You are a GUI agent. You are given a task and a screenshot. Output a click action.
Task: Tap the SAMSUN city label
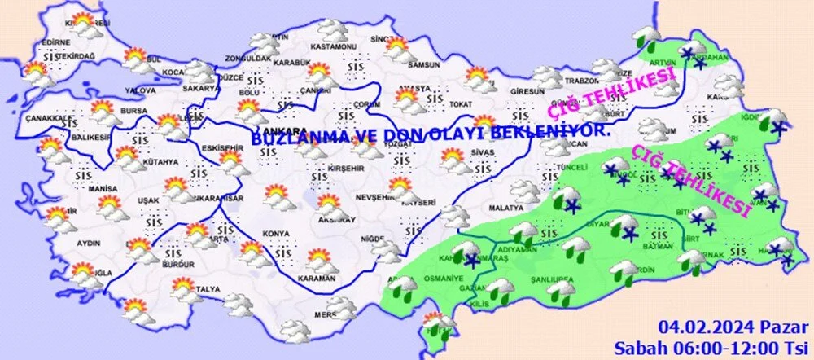tap(423, 64)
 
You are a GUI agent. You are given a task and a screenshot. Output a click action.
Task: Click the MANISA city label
tap(104, 188)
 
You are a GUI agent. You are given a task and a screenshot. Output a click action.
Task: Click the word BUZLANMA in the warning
tap(295, 140)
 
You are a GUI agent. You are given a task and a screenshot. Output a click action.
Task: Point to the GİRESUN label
tap(527, 92)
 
